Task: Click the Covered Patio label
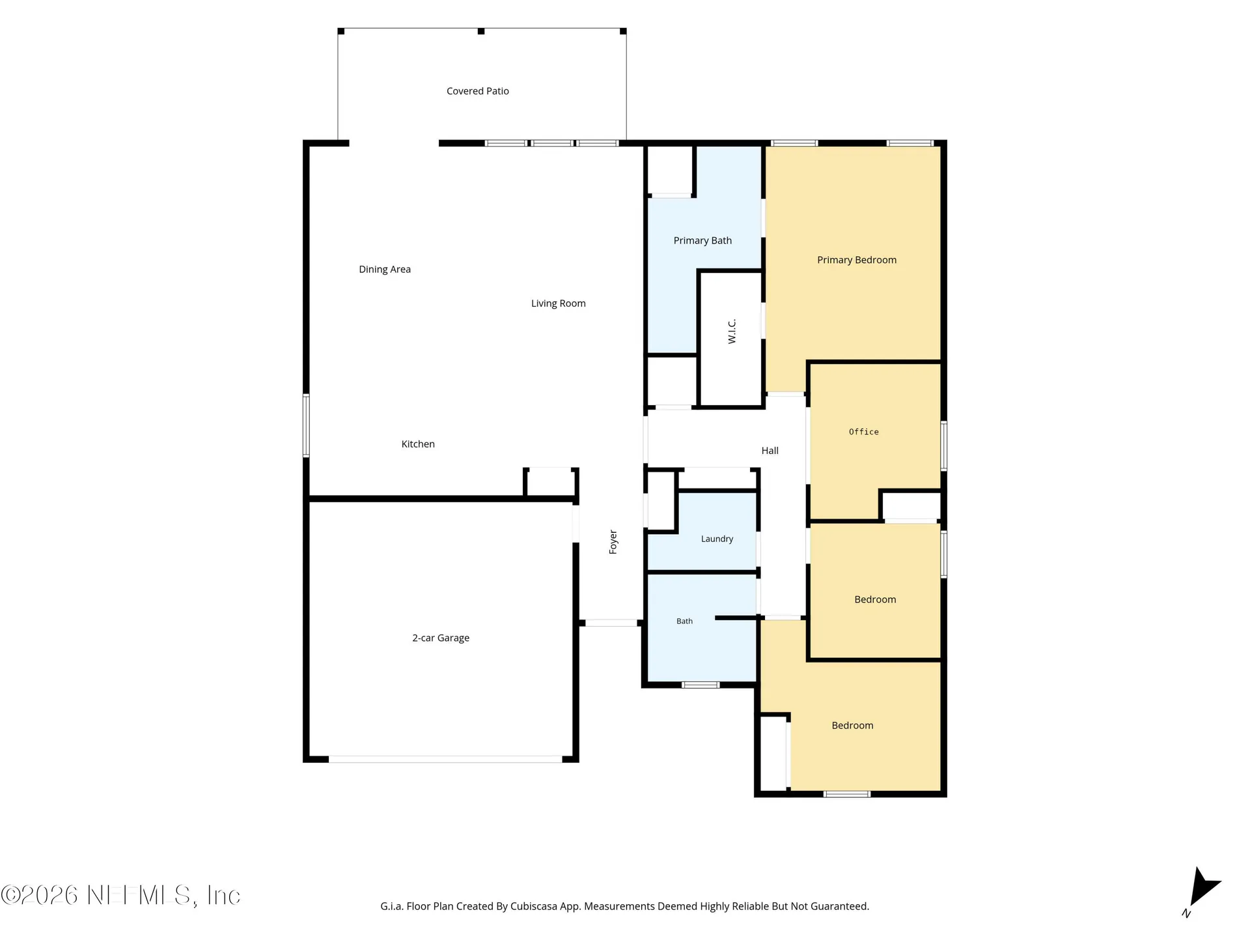478,91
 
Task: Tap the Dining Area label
385,270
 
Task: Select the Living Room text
559,304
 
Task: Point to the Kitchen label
418,444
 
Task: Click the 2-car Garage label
441,638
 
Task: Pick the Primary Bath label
702,241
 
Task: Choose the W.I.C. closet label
732,332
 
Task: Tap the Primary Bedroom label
857,261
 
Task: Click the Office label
864,432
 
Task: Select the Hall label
770,451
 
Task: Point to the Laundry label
717,539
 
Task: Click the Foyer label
613,542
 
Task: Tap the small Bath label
684,621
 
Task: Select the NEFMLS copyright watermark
121,896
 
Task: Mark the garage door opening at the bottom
445,760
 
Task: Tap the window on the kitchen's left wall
306,425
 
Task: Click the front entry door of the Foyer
611,623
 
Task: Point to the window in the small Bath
701,685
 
